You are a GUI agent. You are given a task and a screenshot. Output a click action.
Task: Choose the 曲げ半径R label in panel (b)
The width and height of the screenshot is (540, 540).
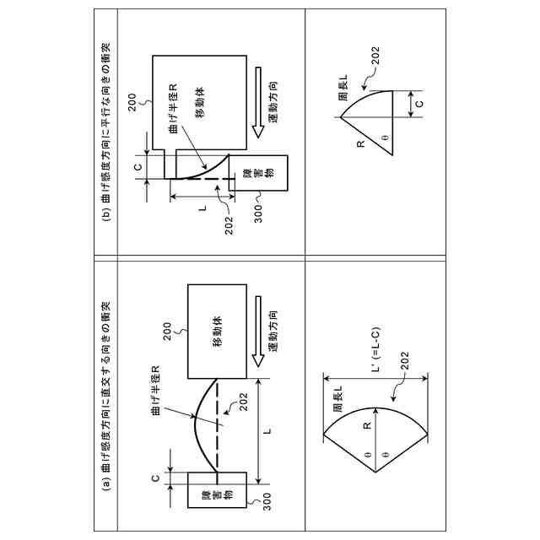pos(171,109)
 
